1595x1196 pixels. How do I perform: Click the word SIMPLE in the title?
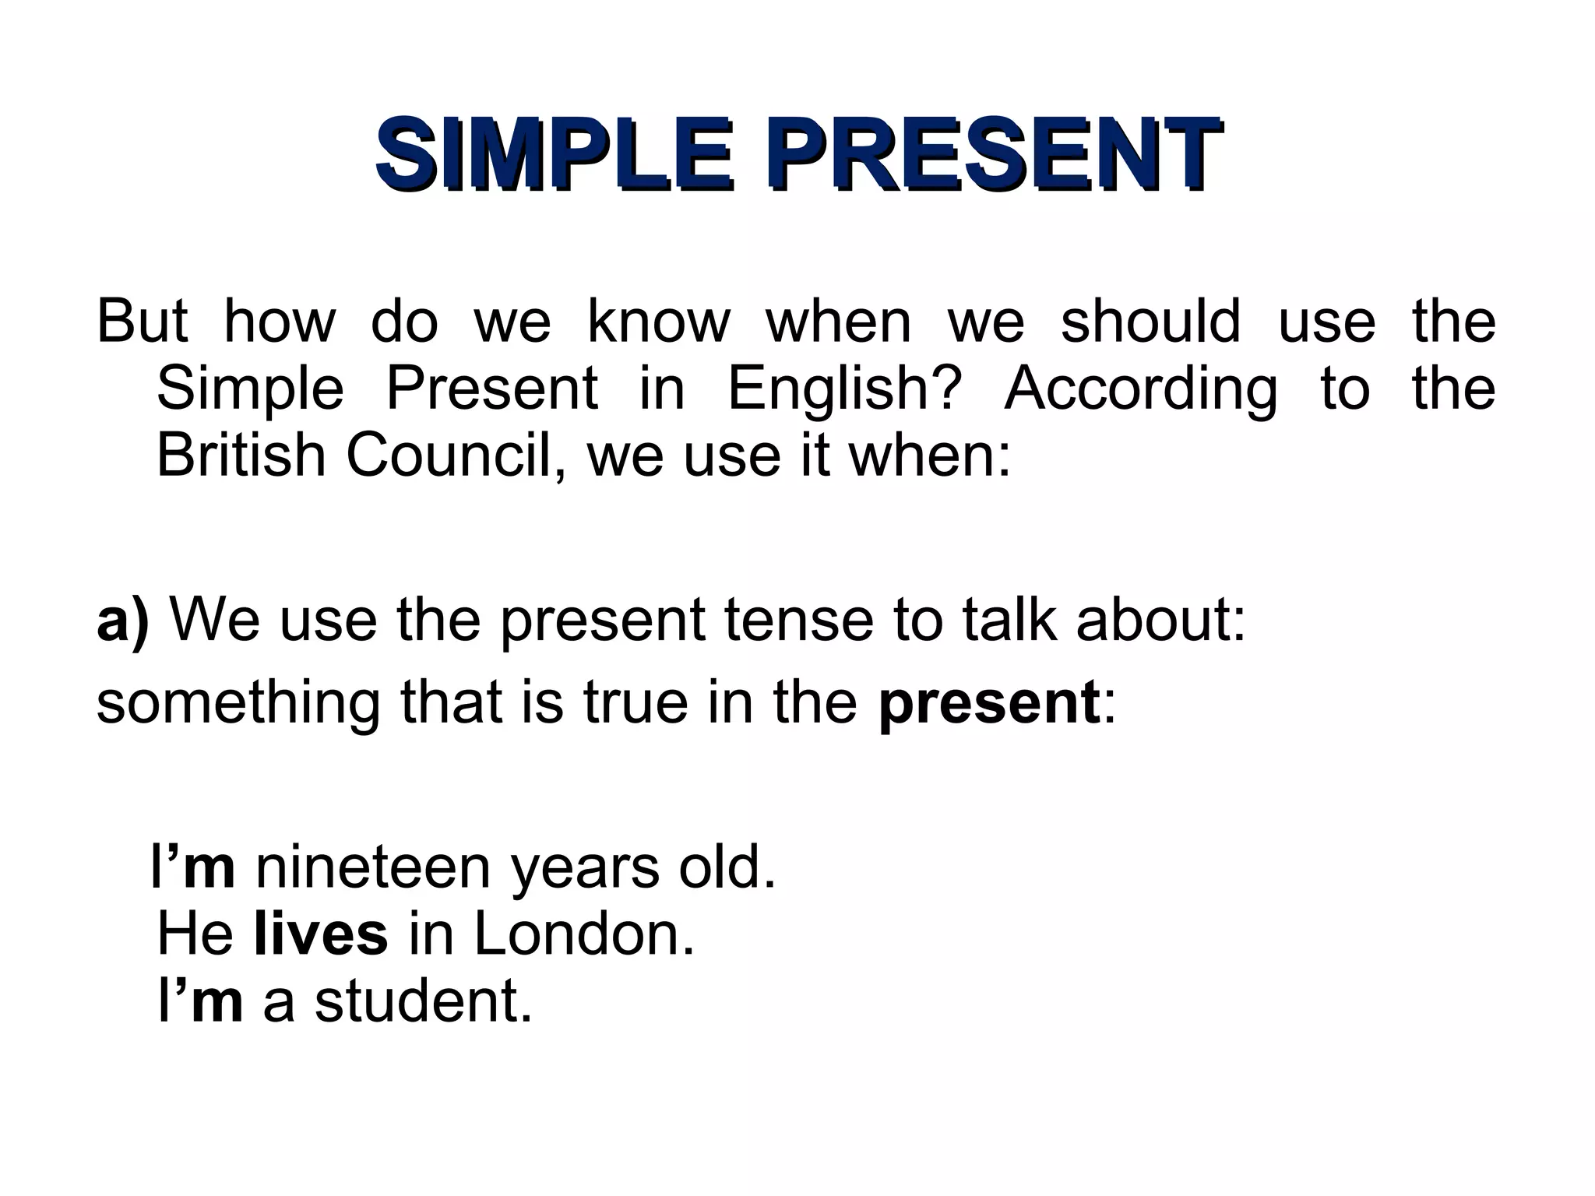553,153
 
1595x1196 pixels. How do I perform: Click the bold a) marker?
122,621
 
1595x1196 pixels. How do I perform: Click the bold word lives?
321,934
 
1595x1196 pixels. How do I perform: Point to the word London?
583,934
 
